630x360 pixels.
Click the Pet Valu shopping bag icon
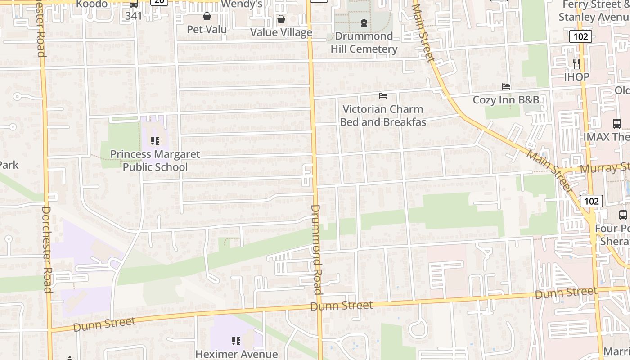pos(207,17)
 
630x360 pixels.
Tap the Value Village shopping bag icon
pos(281,19)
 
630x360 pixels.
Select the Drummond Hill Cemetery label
pos(364,42)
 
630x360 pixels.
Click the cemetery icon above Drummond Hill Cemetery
pos(364,23)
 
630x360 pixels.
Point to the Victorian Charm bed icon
pos(383,95)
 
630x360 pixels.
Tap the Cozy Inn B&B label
pos(505,100)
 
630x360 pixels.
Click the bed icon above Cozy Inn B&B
pos(506,86)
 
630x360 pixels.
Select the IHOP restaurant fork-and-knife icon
pos(576,63)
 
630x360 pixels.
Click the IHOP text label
pos(576,77)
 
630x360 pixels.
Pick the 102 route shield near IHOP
pos(580,36)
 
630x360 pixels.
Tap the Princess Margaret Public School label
pos(155,161)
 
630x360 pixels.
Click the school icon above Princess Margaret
pos(155,141)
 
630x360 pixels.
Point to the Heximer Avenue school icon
pos(236,341)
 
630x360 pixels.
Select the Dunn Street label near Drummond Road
pos(342,306)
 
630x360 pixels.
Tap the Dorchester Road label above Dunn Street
pos(47,250)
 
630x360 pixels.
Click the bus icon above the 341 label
pos(134,4)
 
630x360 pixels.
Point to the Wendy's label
pos(241,4)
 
